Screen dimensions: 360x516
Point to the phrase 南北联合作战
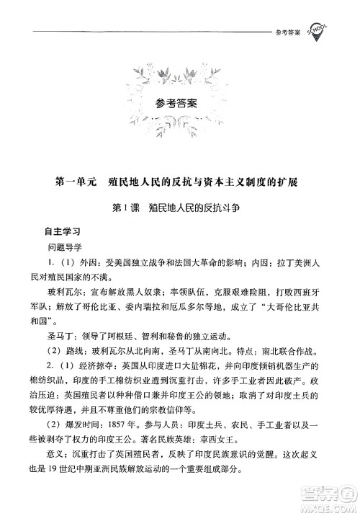click(x=290, y=373)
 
